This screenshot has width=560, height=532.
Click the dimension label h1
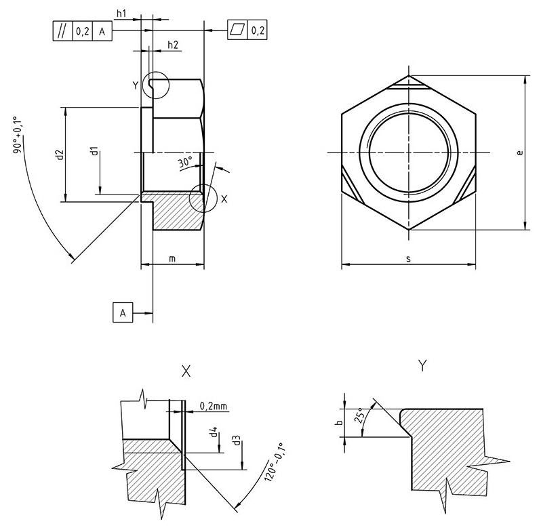coord(121,13)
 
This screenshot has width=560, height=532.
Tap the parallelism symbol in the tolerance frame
coord(62,31)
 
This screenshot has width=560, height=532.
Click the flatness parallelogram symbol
coord(237,30)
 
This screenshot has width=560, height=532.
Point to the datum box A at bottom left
coord(122,313)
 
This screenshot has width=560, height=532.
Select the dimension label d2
coord(60,155)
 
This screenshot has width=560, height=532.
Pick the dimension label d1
coord(95,150)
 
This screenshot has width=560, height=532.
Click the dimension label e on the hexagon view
coord(519,153)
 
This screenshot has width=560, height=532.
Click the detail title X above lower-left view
coord(186,371)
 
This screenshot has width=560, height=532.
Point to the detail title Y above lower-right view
coord(422,366)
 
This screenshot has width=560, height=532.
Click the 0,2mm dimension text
coord(214,407)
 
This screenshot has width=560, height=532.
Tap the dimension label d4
coord(214,431)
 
